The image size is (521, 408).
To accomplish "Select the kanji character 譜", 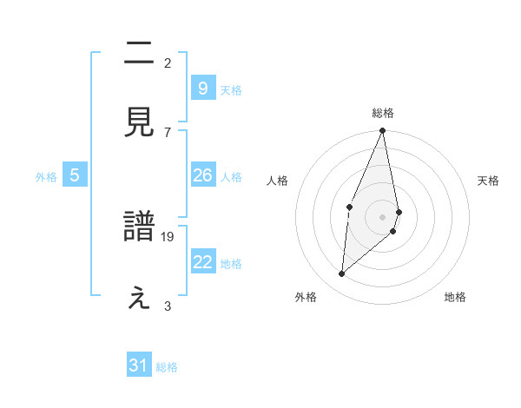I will click(x=140, y=228).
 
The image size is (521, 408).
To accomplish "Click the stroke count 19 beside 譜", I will click(x=168, y=236).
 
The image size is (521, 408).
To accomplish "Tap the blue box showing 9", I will click(x=202, y=88).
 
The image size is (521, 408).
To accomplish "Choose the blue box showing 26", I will click(x=202, y=175).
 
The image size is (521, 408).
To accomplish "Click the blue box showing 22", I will click(x=202, y=262).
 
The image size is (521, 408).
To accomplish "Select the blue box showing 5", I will click(x=75, y=175).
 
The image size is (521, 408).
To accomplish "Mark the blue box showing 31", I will click(x=139, y=365).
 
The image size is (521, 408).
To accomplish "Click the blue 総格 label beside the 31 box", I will click(x=167, y=367).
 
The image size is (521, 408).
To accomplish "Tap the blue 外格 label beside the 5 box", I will click(x=46, y=177).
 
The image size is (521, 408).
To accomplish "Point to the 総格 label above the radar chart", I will click(x=383, y=113).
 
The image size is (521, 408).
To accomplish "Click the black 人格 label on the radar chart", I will click(x=278, y=181).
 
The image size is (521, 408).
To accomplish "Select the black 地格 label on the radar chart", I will click(x=455, y=297).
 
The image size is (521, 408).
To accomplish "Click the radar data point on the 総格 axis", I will click(x=383, y=131).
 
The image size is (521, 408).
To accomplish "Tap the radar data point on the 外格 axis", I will click(x=342, y=273).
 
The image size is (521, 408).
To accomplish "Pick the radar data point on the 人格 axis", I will click(x=349, y=207).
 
